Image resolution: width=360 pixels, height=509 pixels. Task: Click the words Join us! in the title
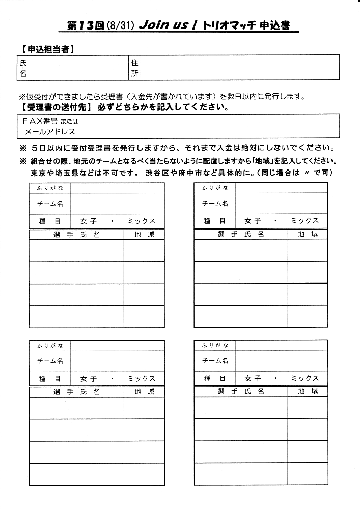169,25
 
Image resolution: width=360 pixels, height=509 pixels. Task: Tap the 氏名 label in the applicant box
23,68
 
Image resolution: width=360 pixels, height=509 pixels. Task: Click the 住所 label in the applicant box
135,68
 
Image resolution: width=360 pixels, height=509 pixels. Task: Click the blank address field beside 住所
239,68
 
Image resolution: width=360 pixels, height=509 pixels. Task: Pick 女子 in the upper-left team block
88,221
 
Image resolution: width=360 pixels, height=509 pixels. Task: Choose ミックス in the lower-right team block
304,378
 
